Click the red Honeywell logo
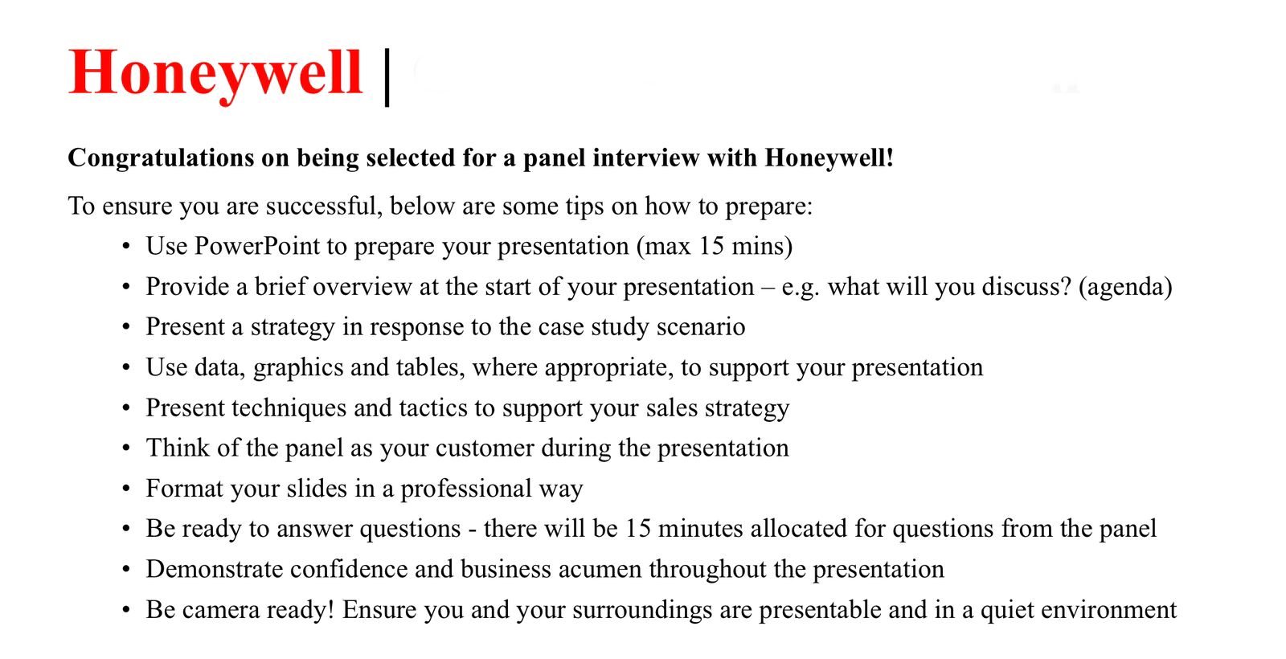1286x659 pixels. coord(215,73)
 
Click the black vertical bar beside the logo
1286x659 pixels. coord(387,76)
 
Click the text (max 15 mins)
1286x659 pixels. coord(714,246)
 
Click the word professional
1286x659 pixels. coord(466,489)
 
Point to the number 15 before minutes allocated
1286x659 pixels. coord(637,529)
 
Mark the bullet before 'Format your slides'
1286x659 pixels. coord(126,489)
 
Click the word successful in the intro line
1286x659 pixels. coord(321,206)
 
